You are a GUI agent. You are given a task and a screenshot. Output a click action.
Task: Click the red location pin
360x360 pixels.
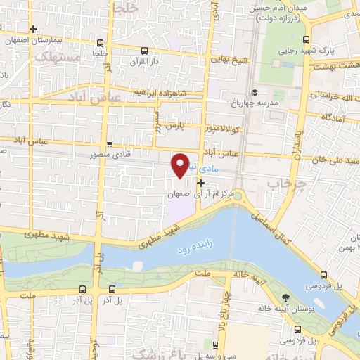click(181, 164)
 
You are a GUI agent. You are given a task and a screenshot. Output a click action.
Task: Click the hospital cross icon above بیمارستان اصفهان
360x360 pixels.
click(33, 29)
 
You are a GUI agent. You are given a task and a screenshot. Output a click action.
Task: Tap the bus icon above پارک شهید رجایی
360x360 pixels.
click(306, 39)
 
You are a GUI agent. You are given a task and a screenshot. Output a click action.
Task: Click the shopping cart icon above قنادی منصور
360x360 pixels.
click(109, 143)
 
